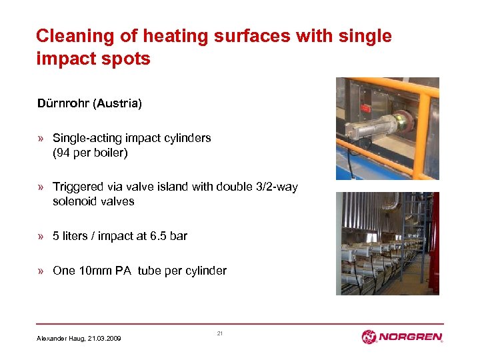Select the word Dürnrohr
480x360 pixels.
pyautogui.click(x=64, y=104)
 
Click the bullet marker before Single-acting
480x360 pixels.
pyautogui.click(x=41, y=139)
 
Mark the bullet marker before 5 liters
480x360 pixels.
pyautogui.click(x=41, y=236)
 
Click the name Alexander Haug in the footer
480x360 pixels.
pyautogui.click(x=61, y=339)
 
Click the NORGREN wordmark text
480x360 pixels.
pyautogui.click(x=411, y=337)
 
